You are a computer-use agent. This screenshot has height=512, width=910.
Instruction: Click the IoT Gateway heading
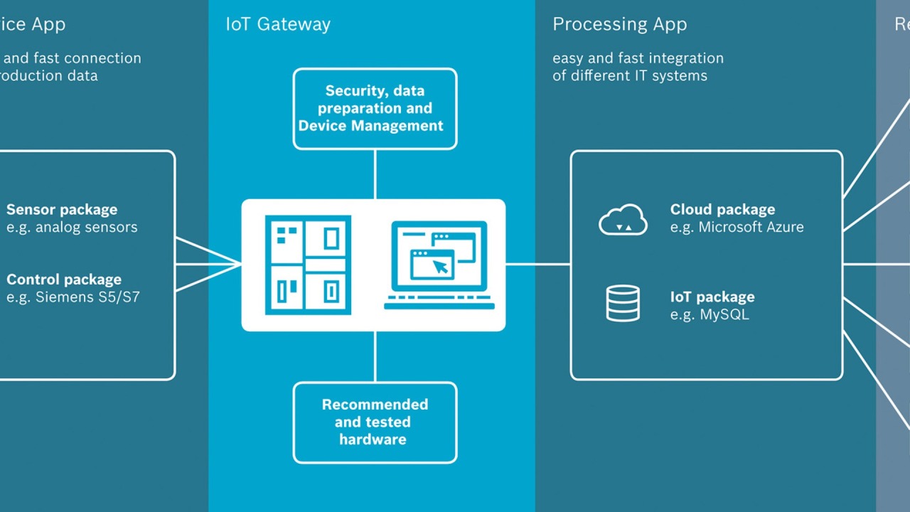[278, 25]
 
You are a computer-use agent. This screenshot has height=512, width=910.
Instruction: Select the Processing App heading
[619, 25]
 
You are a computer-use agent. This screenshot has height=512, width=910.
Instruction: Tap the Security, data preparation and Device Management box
[375, 109]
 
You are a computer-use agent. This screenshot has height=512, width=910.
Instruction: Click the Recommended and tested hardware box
[375, 422]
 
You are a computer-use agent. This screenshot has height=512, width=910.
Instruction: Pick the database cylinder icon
[623, 304]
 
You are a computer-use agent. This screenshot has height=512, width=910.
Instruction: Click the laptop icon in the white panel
[439, 265]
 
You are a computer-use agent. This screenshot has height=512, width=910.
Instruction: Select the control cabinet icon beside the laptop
[308, 265]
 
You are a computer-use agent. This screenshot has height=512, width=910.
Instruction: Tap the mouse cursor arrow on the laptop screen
[441, 267]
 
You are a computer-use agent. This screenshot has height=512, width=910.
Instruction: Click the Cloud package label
[722, 210]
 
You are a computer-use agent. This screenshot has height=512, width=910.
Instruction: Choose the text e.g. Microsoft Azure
[737, 228]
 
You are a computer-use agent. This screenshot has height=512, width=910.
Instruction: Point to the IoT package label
[712, 297]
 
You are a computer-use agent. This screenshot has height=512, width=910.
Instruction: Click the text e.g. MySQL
[710, 314]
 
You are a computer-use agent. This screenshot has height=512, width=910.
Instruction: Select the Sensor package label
[62, 210]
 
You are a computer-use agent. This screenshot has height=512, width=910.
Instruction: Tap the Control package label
[64, 279]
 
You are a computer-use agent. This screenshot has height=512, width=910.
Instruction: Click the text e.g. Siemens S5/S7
[73, 297]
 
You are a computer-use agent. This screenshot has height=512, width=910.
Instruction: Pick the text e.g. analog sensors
[72, 228]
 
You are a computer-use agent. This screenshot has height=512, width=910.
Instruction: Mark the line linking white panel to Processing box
[538, 265]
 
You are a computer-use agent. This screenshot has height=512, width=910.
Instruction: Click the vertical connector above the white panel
[375, 174]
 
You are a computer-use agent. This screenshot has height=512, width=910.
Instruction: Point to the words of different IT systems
[630, 75]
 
